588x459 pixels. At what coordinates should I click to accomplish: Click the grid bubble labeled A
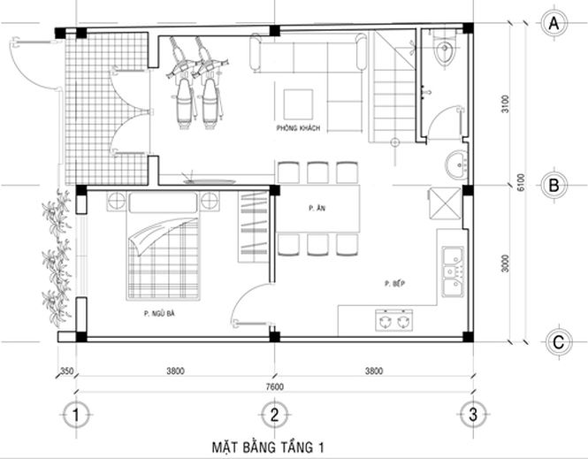(x=555, y=22)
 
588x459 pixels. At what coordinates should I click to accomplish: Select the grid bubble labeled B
(x=555, y=186)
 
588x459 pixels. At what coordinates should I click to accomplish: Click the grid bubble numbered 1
(x=77, y=414)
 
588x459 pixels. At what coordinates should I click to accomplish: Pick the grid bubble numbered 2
(x=275, y=414)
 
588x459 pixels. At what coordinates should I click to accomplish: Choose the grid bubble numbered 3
(x=474, y=414)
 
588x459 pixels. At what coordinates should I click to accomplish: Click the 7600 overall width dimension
(x=275, y=386)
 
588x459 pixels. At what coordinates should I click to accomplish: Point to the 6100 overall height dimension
(x=522, y=181)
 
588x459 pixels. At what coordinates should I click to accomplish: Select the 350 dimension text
(x=65, y=371)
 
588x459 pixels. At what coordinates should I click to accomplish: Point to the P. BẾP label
(x=394, y=283)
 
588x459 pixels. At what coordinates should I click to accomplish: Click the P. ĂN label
(x=314, y=207)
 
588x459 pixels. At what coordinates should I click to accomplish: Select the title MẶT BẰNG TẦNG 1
(x=268, y=448)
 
